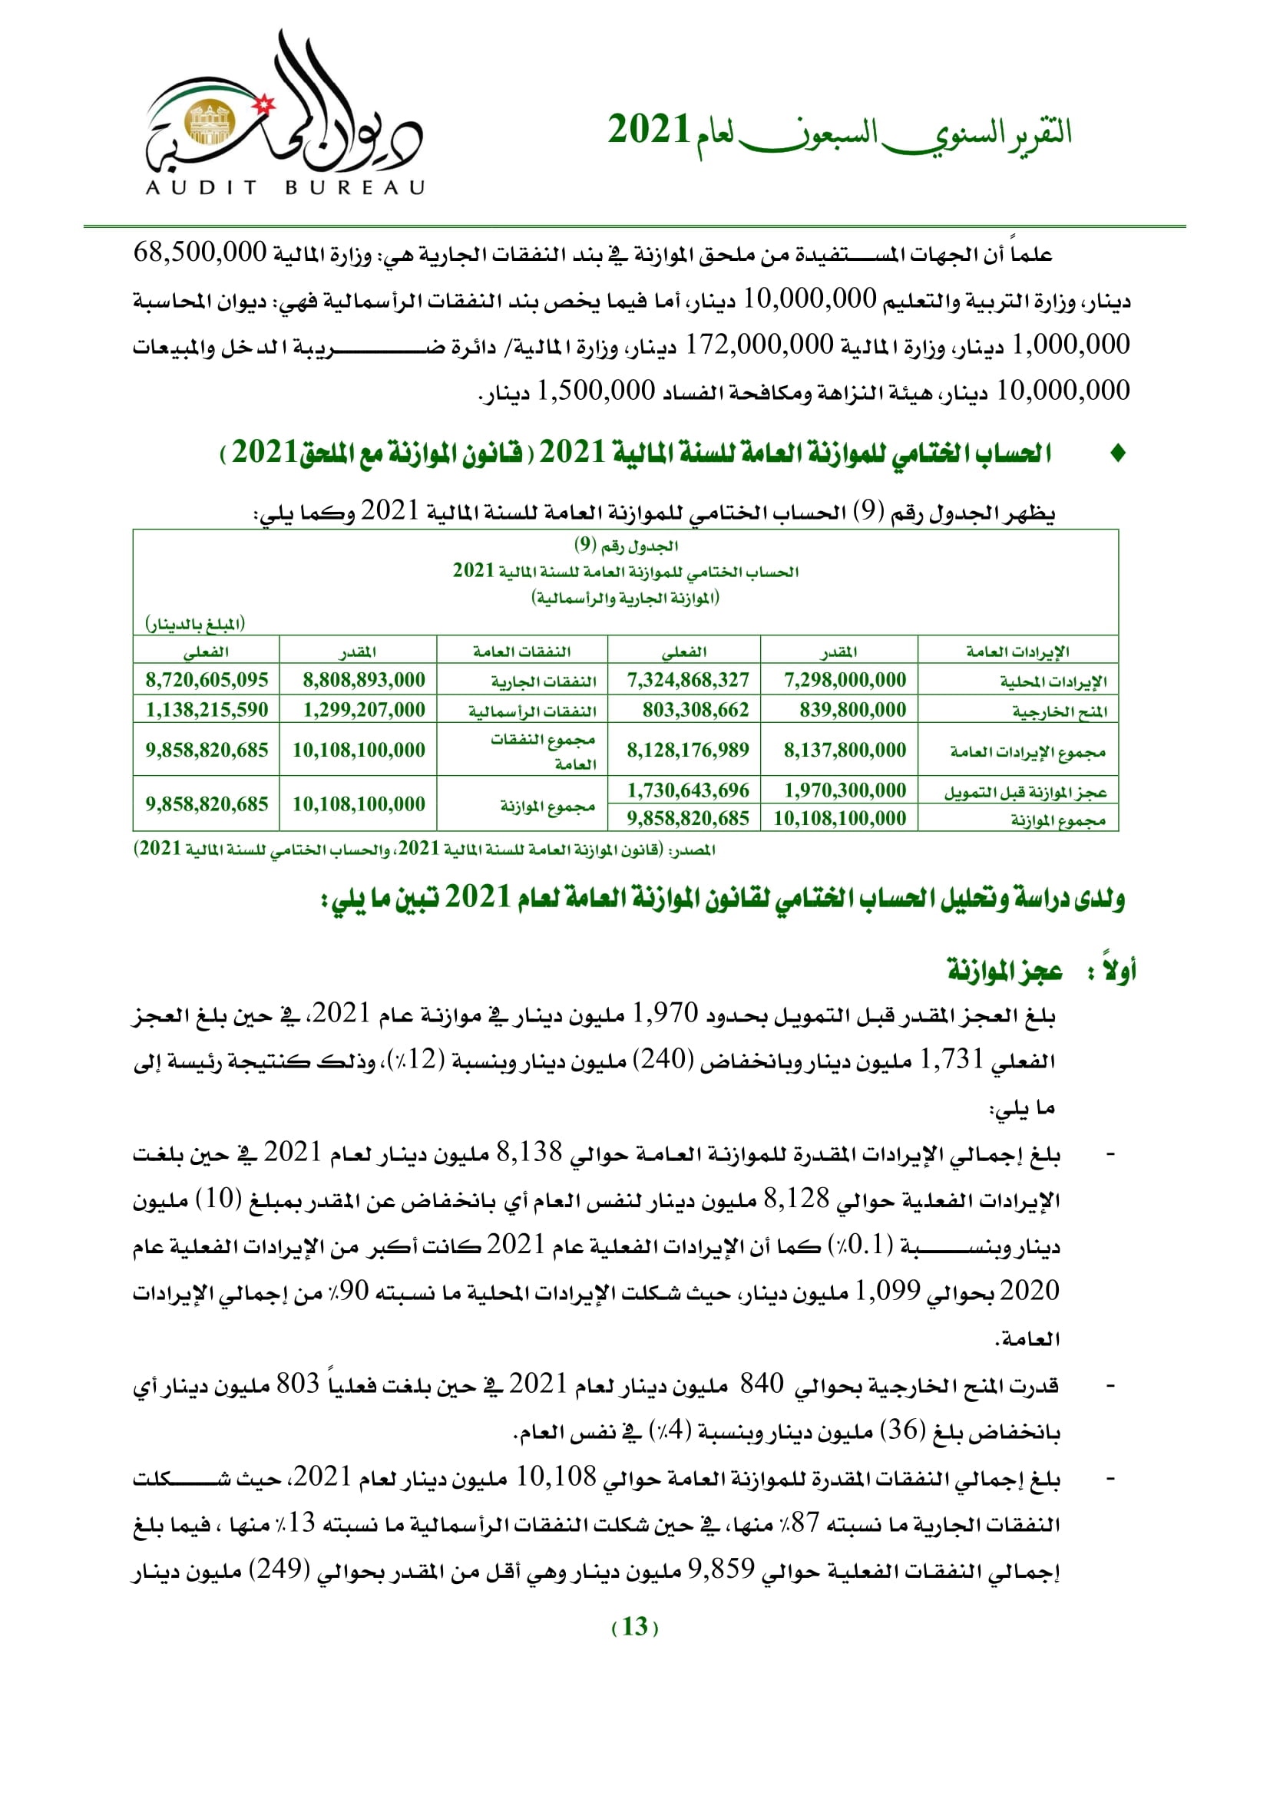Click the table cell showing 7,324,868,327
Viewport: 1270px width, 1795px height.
point(687,680)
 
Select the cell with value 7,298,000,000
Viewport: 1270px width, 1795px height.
point(845,680)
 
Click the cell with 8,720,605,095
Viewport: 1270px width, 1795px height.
point(207,680)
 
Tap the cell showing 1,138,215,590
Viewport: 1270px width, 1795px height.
point(207,710)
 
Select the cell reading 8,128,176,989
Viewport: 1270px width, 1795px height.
point(687,750)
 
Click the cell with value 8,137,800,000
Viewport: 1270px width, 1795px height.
point(845,750)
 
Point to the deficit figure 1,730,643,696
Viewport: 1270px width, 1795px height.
point(687,790)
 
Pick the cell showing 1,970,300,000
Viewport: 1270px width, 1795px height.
point(845,790)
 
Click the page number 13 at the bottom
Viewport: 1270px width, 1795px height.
point(634,1626)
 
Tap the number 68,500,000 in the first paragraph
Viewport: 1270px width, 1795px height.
point(200,252)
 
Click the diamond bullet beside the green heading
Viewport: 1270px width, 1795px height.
point(1118,453)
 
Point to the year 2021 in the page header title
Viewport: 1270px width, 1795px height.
point(649,130)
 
